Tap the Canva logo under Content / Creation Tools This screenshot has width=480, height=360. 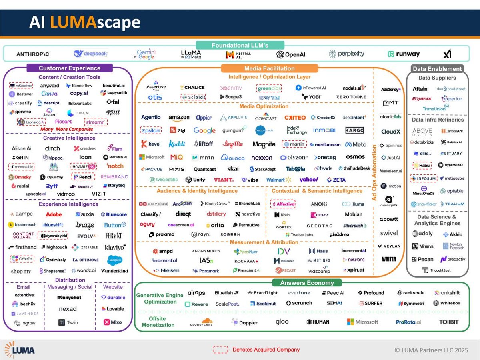pyautogui.click(x=50, y=94)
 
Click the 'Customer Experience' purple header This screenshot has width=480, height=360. pyautogui.click(x=69, y=68)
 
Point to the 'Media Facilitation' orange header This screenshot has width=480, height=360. pyautogui.click(x=270, y=68)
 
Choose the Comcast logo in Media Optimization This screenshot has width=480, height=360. pyautogui.click(x=266, y=118)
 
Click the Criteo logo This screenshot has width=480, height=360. pyautogui.click(x=295, y=118)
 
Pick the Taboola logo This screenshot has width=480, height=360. pyautogui.click(x=295, y=169)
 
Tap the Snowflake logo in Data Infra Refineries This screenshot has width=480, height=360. pyautogui.click(x=424, y=204)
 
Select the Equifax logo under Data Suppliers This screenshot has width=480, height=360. pyautogui.click(x=422, y=99)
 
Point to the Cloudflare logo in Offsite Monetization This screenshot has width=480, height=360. pyautogui.click(x=201, y=322)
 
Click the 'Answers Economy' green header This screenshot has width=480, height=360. pyautogui.click(x=307, y=283)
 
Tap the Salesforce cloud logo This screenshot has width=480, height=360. pyautogui.click(x=114, y=260)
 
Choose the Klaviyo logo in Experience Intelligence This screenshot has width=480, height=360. pyautogui.click(x=114, y=248)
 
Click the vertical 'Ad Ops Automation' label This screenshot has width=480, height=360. pyautogui.click(x=375, y=173)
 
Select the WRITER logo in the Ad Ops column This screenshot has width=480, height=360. pyautogui.click(x=389, y=259)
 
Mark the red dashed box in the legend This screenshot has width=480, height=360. pyautogui.click(x=220, y=350)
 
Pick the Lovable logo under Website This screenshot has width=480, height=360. pyautogui.click(x=113, y=309)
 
